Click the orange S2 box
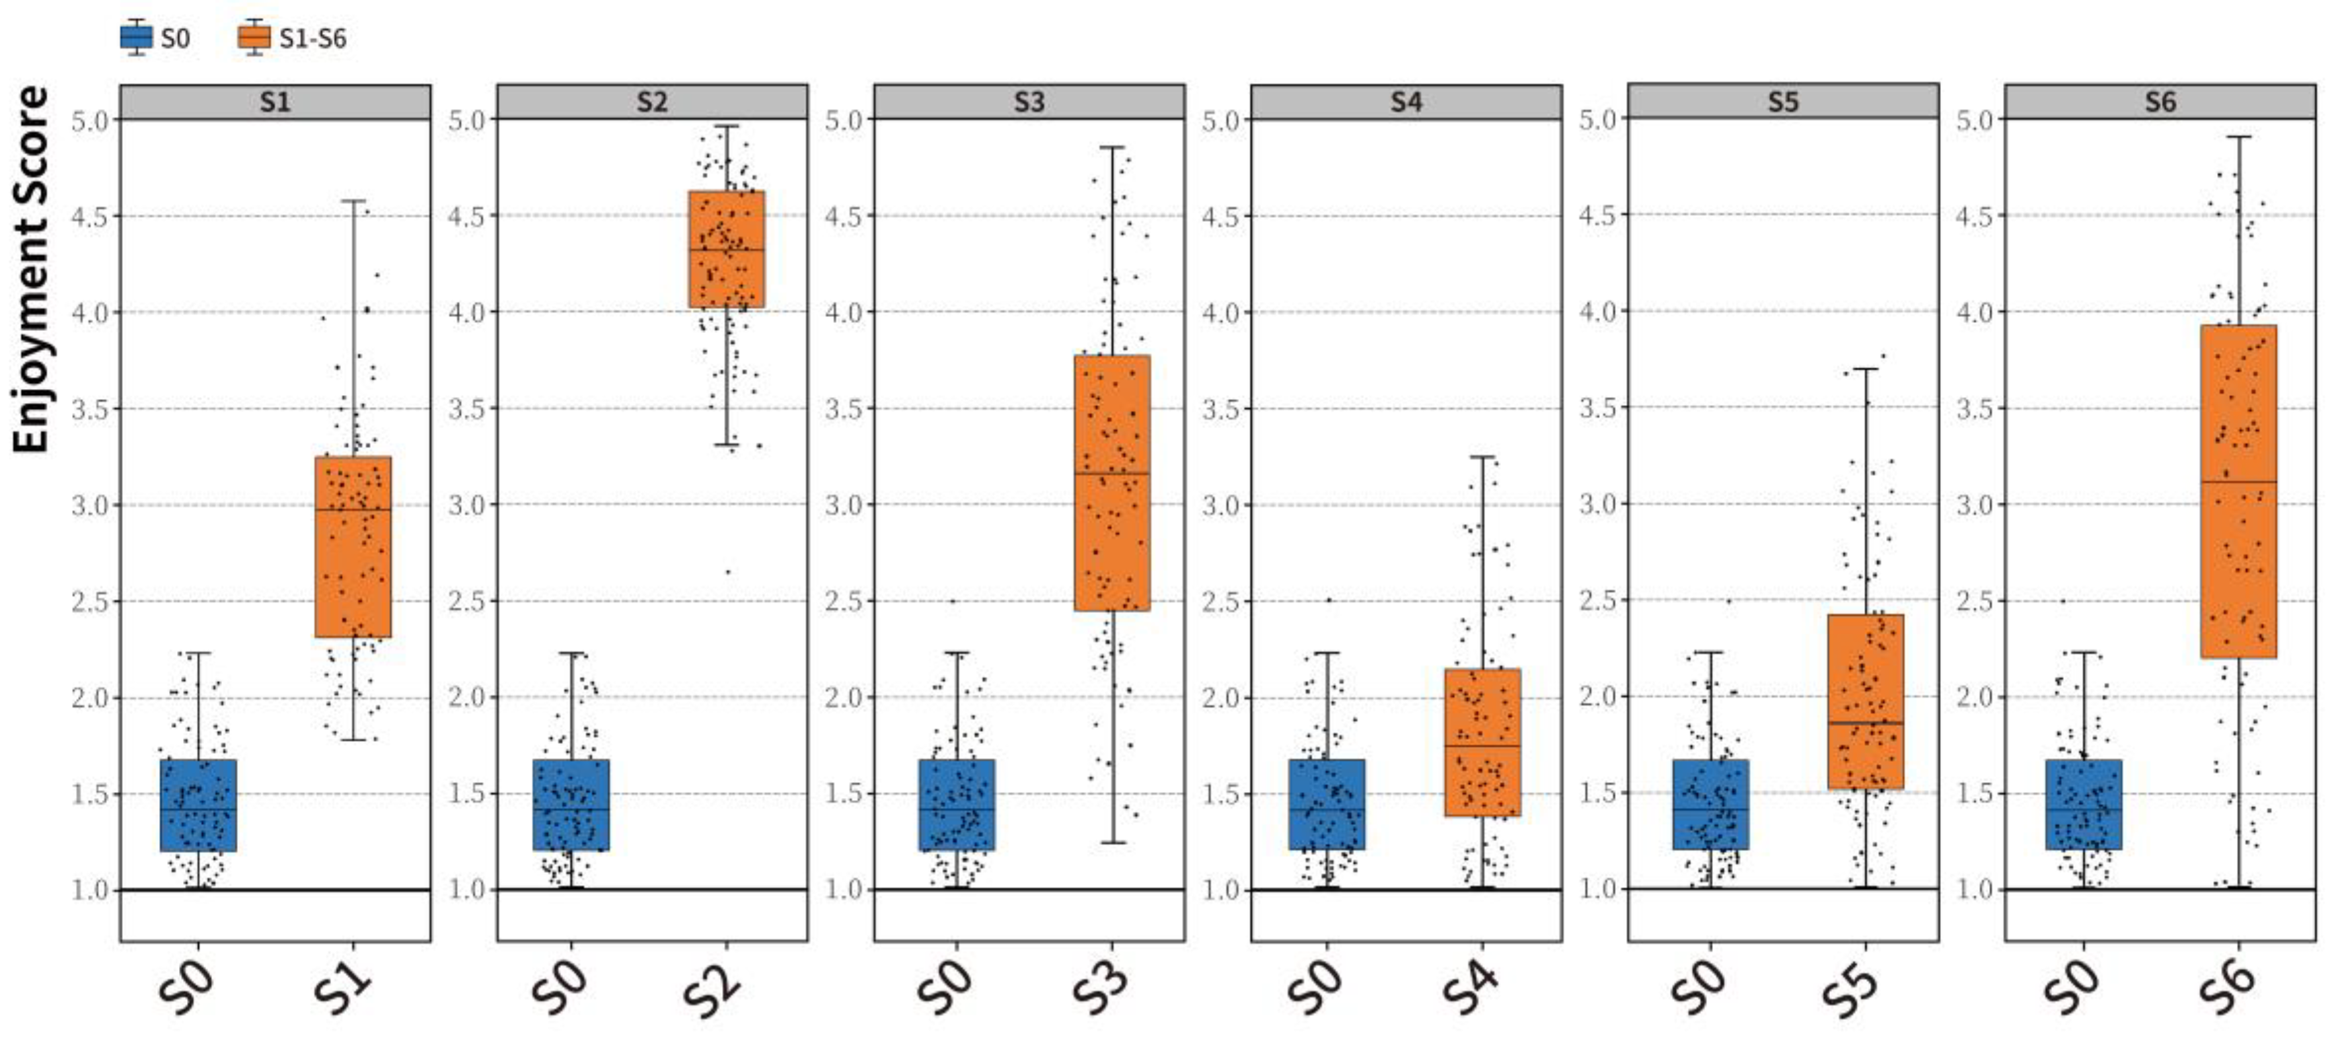727,250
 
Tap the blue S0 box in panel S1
198,805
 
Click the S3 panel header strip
1029,102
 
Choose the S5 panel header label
1783,102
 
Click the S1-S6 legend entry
292,38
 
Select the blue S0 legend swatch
136,38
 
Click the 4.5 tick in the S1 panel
89,217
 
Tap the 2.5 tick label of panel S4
1221,601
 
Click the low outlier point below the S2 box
727,572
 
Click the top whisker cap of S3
1112,147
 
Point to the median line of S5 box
1866,723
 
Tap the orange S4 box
1482,743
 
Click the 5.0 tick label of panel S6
1973,120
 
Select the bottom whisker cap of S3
1112,842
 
